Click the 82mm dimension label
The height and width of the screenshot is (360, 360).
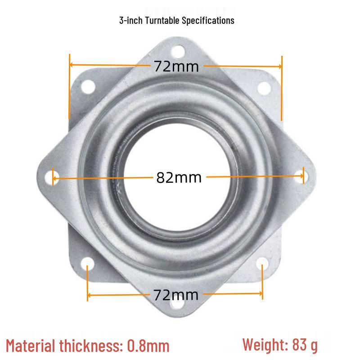179,177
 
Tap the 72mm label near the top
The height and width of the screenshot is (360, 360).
176,67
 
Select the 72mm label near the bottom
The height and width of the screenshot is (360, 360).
175,295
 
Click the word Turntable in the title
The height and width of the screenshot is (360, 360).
162,20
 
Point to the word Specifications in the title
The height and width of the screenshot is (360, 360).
208,21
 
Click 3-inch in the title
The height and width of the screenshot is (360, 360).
131,20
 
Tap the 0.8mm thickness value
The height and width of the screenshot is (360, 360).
148,346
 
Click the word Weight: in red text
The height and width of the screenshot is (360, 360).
265,345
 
